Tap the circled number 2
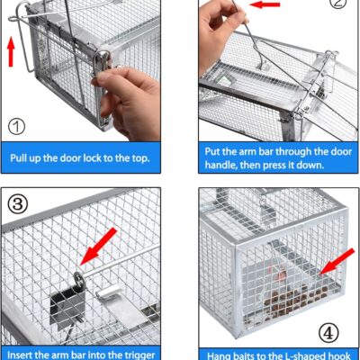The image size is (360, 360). click(x=337, y=4)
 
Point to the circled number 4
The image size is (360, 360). click(x=329, y=331)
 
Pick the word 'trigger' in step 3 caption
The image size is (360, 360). click(x=141, y=353)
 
